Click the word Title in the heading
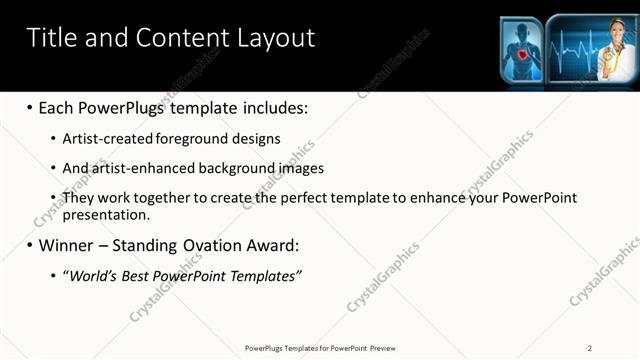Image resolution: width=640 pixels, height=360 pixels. [x=51, y=38]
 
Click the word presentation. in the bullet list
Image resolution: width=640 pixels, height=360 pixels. [x=105, y=214]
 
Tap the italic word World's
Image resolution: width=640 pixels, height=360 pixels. [x=92, y=275]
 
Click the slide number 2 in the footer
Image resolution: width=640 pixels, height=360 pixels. [x=590, y=347]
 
